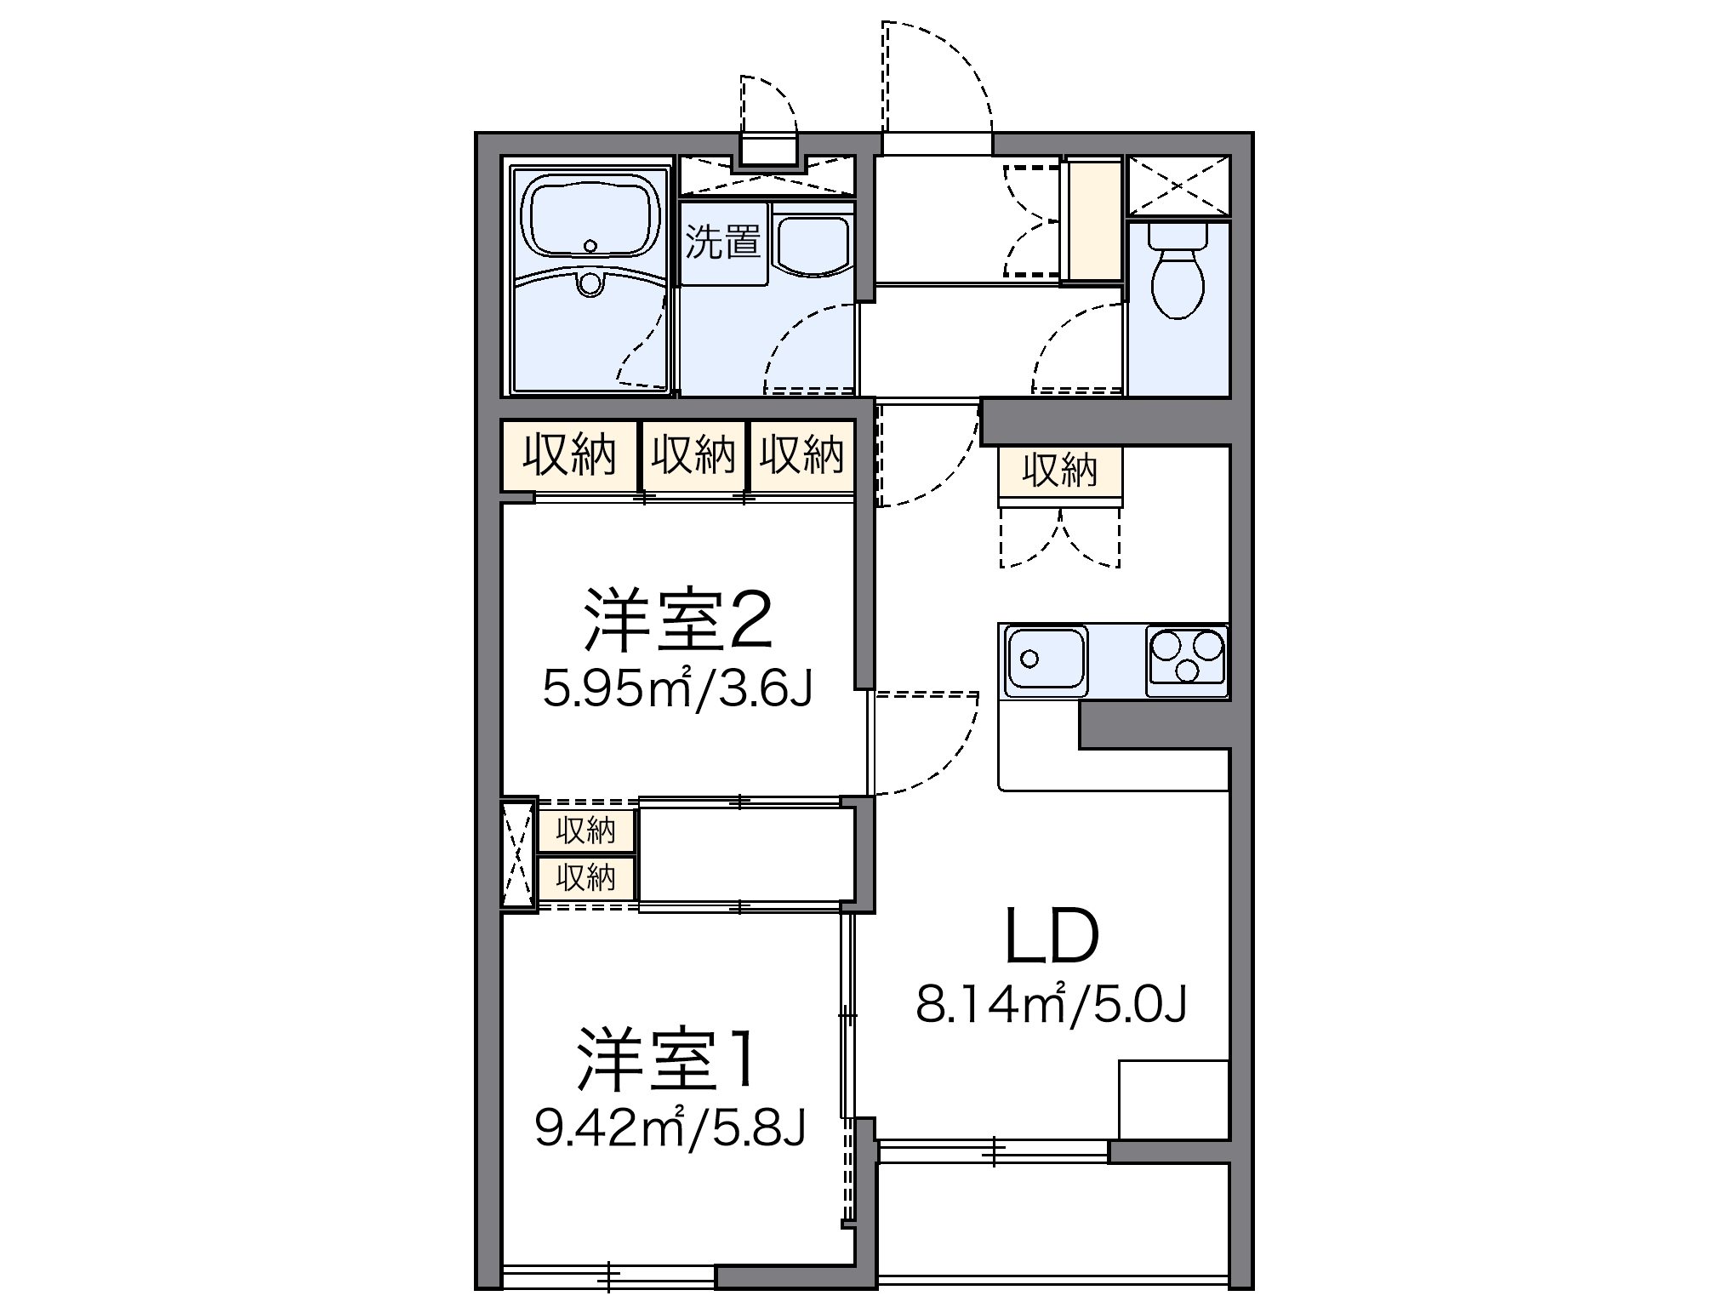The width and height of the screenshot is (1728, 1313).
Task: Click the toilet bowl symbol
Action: coord(1178,272)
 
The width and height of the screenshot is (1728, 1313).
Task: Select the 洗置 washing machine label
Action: coord(722,243)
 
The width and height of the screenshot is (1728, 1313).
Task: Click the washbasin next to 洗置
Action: coord(813,243)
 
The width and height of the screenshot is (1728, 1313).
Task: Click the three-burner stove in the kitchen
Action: coord(1187,660)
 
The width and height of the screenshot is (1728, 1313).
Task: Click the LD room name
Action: coord(1052,937)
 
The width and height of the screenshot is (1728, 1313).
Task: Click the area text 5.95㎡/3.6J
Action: coord(678,688)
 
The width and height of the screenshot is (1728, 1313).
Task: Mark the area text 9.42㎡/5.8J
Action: coord(670,1127)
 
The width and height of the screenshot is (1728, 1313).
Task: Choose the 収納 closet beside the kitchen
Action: coord(1060,471)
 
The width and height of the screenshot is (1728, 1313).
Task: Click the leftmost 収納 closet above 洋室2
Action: coord(568,455)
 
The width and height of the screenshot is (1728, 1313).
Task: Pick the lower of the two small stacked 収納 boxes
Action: coord(586,876)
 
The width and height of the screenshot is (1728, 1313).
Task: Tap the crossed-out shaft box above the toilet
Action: coord(1178,186)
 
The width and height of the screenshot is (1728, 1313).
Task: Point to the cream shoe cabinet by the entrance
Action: coord(1095,220)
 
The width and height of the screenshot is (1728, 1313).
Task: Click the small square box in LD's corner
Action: coord(1173,1099)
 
